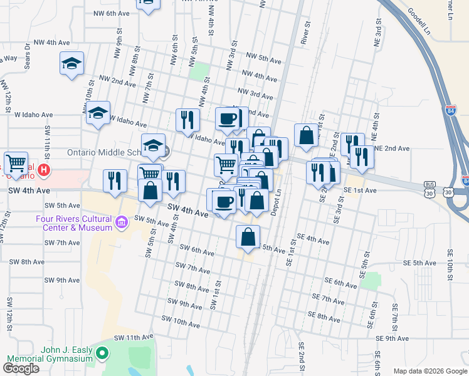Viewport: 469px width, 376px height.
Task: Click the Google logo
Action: [x=21, y=368]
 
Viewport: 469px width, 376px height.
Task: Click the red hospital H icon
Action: [x=43, y=169]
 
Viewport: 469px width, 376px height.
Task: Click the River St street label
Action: [x=307, y=33]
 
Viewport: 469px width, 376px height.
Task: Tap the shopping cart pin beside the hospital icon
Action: [x=16, y=162]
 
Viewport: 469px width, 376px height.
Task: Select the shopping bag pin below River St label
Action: [x=305, y=135]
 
